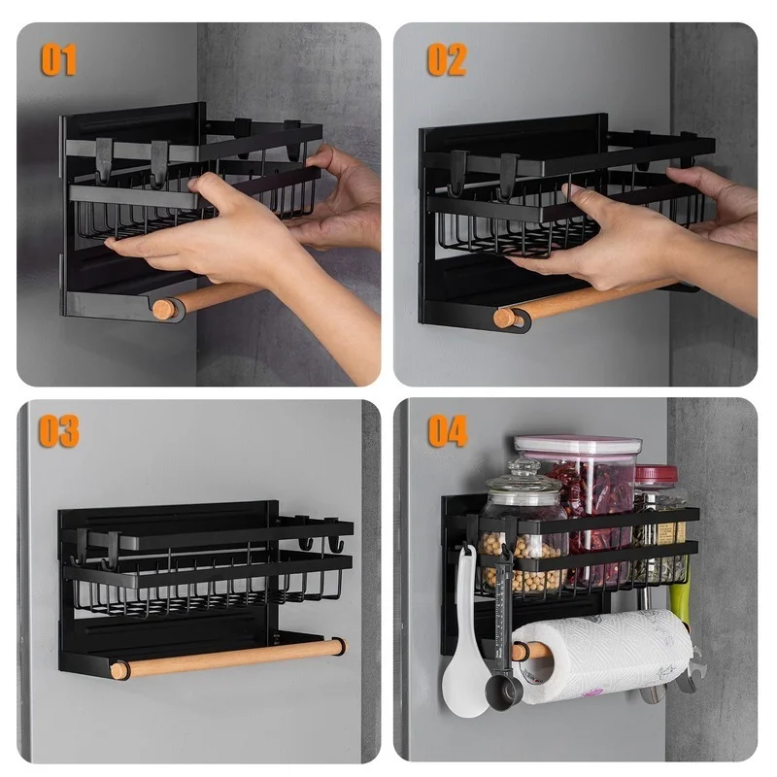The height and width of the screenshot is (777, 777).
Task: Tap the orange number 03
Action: pos(59,430)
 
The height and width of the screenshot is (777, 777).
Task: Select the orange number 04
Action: pos(448,430)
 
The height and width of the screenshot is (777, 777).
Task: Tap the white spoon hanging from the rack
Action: pos(464,680)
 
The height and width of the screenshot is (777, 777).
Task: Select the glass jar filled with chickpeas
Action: pos(523,554)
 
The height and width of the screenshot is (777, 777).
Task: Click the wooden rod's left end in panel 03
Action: pos(118,670)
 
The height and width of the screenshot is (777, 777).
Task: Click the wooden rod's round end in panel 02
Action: pos(504,318)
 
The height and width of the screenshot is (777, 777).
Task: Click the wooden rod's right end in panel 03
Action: pos(337,645)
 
